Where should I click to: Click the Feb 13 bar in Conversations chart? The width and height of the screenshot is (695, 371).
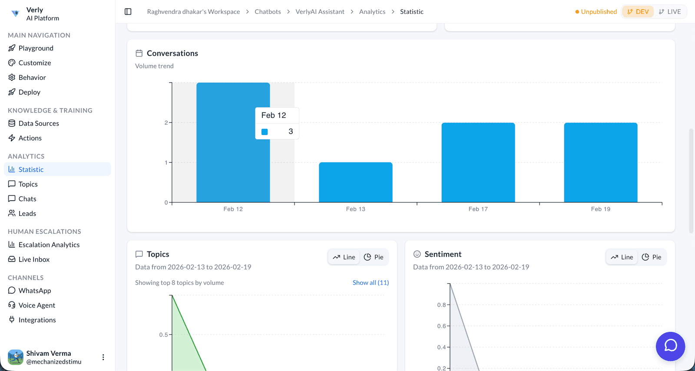tap(355, 182)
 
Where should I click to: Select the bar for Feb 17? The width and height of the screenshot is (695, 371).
tap(478, 162)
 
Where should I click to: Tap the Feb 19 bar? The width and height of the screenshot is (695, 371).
tap(600, 162)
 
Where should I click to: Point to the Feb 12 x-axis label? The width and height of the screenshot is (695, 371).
tap(233, 209)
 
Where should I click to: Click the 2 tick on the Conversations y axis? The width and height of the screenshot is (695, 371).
tap(166, 123)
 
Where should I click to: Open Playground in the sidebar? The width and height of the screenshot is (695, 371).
tap(36, 48)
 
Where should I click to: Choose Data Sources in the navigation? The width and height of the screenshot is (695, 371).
tap(39, 123)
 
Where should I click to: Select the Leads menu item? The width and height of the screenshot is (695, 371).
tap(27, 213)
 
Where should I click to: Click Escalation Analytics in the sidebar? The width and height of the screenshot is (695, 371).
tap(49, 245)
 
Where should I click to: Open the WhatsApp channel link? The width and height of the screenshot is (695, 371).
tap(35, 291)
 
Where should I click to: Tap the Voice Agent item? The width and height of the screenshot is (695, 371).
tap(36, 305)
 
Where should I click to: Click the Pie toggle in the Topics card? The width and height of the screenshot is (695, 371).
tap(374, 257)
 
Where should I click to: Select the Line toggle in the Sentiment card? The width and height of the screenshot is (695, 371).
tap(622, 257)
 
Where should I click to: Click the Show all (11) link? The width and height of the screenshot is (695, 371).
tap(371, 283)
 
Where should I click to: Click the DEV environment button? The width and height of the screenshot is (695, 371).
tap(638, 12)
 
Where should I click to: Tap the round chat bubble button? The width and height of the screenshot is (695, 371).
tap(670, 346)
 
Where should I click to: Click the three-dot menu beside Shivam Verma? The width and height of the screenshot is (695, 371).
tap(103, 357)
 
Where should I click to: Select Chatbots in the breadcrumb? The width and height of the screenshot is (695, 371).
tap(268, 12)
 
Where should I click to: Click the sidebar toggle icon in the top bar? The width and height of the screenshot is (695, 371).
tap(128, 12)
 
